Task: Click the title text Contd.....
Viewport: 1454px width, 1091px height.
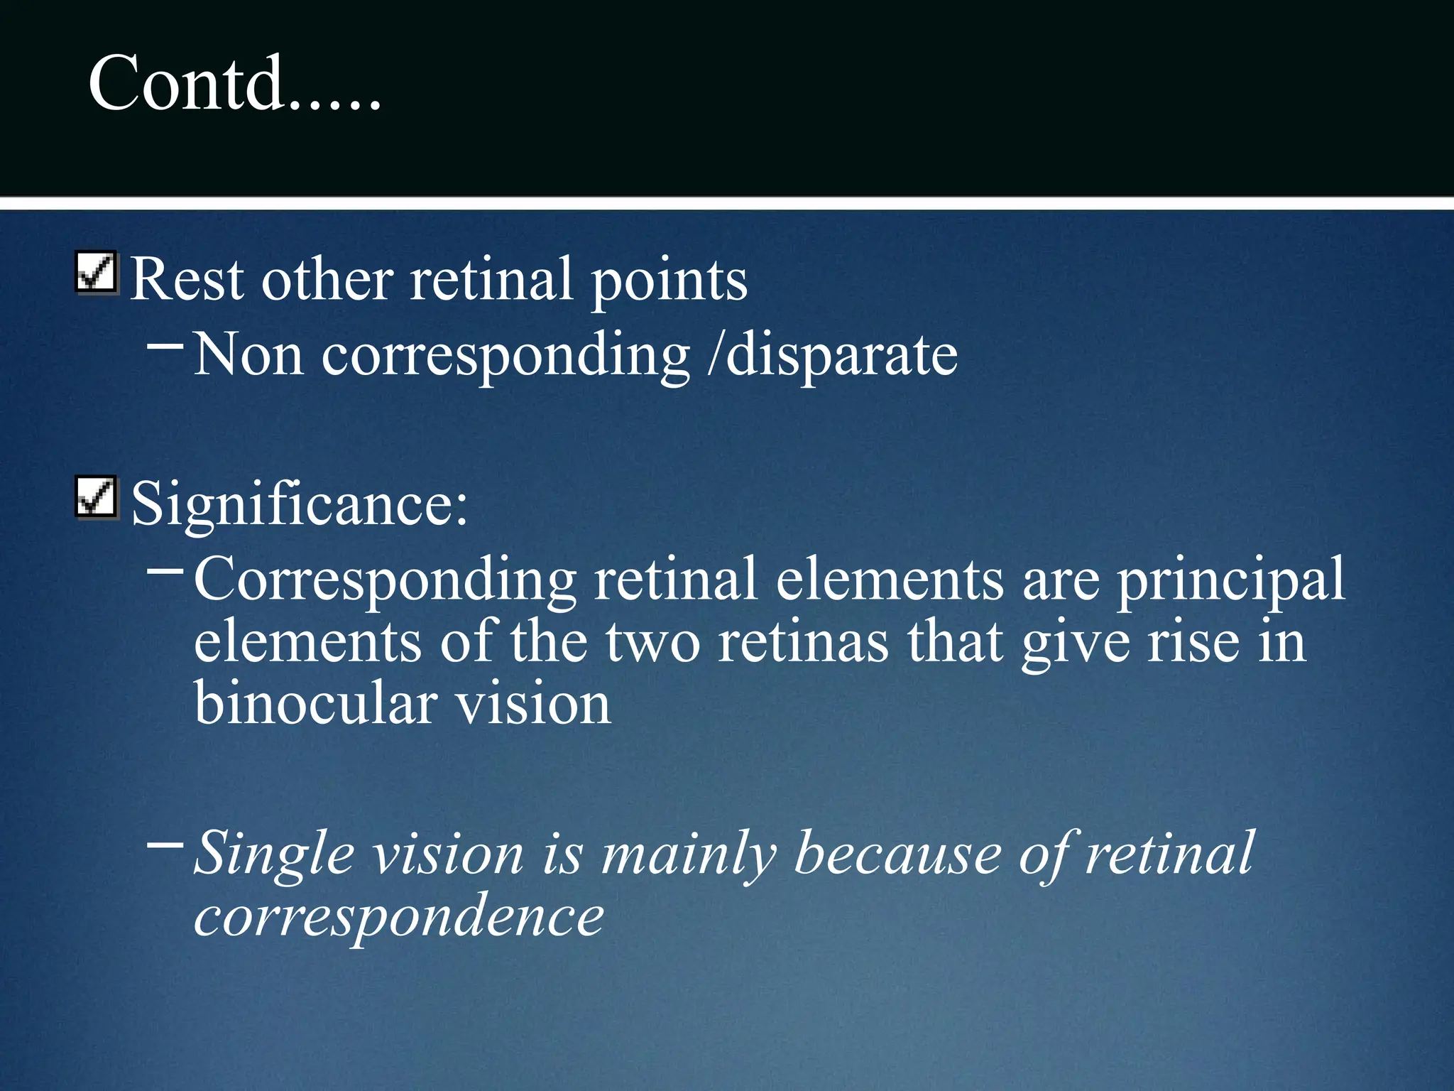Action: pyautogui.click(x=234, y=84)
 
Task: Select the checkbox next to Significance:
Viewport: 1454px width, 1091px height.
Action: pyautogui.click(x=96, y=497)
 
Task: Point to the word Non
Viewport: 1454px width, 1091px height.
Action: pyautogui.click(x=248, y=354)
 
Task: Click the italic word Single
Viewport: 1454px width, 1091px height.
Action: pyautogui.click(x=274, y=855)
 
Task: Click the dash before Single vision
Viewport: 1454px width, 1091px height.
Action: pyautogui.click(x=165, y=845)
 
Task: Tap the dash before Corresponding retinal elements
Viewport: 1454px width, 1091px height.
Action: pyautogui.click(x=165, y=569)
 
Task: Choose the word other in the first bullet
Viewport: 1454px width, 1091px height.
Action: pyautogui.click(x=327, y=280)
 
